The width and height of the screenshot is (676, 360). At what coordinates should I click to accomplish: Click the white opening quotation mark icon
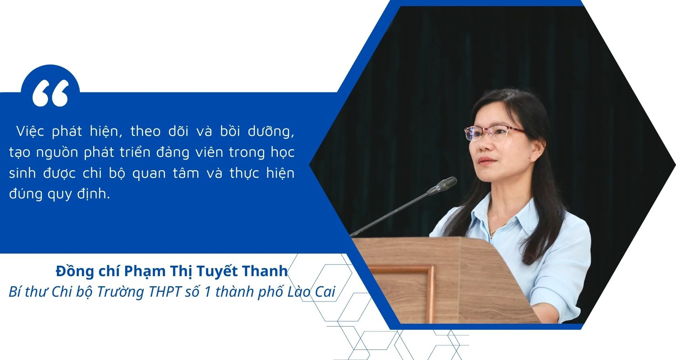tap(50, 93)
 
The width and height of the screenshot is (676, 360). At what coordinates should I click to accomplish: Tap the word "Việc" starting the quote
tap(30, 131)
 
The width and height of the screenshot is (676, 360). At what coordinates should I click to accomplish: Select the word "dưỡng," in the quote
tap(271, 132)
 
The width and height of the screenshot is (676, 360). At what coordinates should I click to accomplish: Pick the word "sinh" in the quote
tap(22, 173)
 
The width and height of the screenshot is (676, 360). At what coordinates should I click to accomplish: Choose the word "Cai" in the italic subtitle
tap(325, 292)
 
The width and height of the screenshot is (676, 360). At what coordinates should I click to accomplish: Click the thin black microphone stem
tap(389, 214)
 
